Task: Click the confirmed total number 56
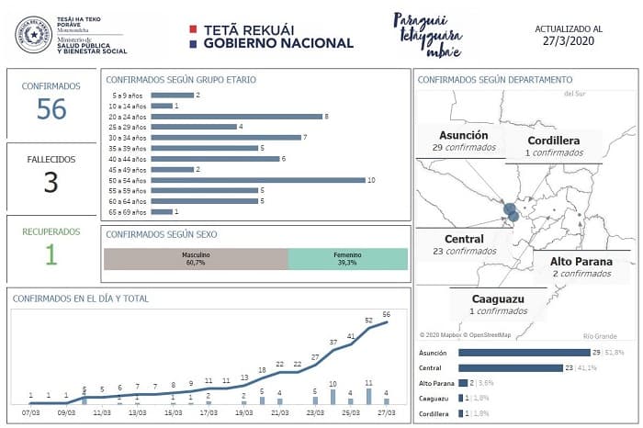tap(51, 109)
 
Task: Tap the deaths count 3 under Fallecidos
tap(51, 182)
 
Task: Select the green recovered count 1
tap(51, 254)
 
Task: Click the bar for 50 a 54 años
tap(256, 180)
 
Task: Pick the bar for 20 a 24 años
tap(236, 116)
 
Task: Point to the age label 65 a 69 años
tap(129, 212)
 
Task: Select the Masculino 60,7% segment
tap(196, 258)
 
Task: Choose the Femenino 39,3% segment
tap(347, 258)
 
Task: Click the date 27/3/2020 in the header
tap(570, 41)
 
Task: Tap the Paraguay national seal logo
tap(34, 34)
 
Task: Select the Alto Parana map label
tap(581, 267)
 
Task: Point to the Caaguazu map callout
tap(497, 303)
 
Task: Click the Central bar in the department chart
tap(510, 367)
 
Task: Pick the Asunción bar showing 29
tap(523, 352)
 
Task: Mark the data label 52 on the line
tap(368, 321)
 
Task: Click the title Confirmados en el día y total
tap(81, 298)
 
